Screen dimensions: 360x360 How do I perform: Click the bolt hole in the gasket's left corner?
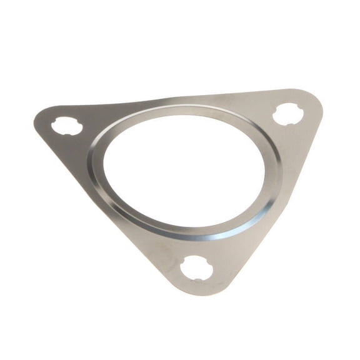click(x=66, y=127)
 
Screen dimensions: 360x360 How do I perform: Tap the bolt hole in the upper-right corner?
click(x=288, y=114)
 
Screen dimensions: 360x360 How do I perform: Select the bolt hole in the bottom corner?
click(x=196, y=269)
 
